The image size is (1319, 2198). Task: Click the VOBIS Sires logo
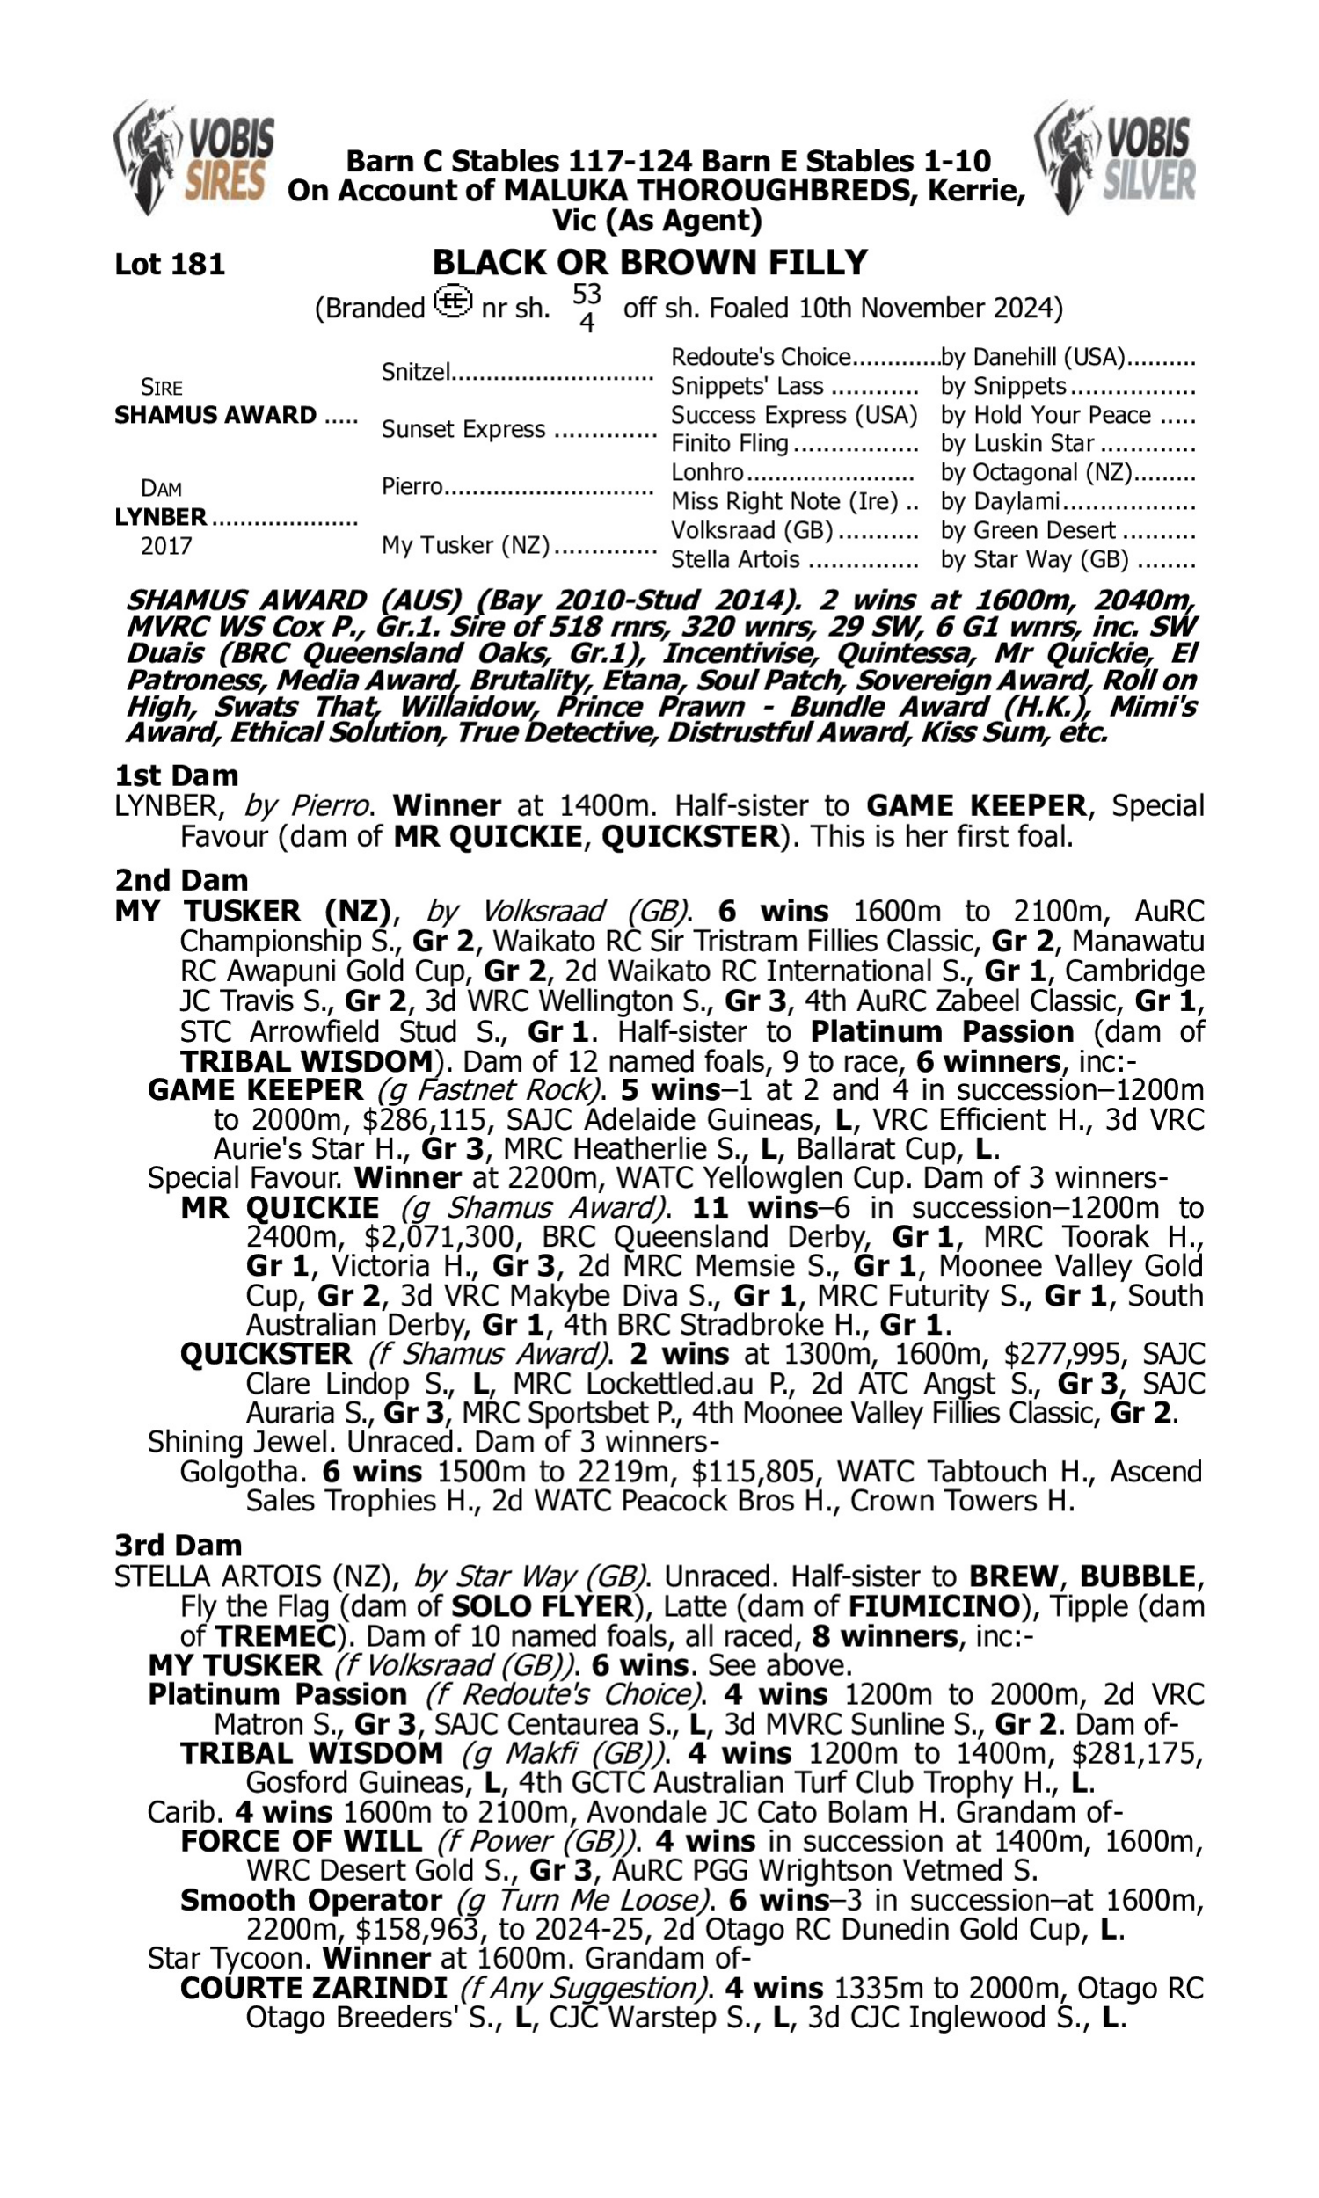[x=193, y=158]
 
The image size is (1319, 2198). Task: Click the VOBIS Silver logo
[x=1115, y=158]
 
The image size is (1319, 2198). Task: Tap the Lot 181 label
[x=170, y=264]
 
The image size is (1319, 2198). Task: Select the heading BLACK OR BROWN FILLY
[x=650, y=262]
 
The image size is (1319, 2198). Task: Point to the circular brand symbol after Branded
[x=453, y=302]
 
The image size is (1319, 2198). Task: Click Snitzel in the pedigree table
[x=416, y=371]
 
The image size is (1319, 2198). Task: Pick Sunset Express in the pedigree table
[x=463, y=429]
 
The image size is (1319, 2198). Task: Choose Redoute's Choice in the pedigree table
[x=761, y=357]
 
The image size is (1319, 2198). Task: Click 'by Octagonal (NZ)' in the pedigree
[x=1037, y=473]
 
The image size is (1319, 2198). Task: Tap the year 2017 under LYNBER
[x=166, y=545]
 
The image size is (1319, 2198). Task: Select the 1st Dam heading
[x=177, y=775]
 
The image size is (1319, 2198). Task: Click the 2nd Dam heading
[x=181, y=879]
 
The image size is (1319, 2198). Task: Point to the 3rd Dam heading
[x=179, y=1545]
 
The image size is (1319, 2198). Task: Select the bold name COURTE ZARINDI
[x=313, y=1988]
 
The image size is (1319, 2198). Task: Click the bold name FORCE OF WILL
[x=302, y=1841]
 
